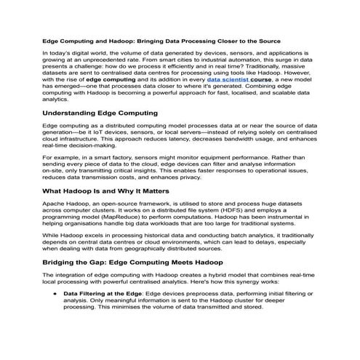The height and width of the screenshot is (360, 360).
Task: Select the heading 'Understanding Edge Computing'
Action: tap(100, 113)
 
